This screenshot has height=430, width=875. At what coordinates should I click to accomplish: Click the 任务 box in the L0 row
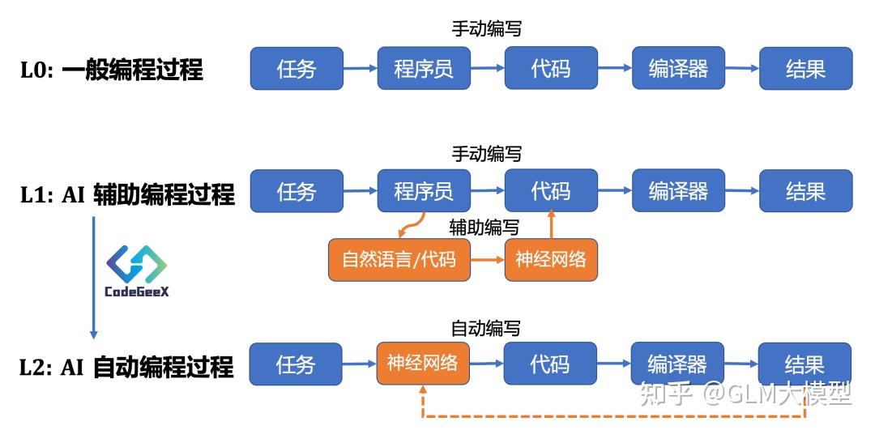tap(296, 68)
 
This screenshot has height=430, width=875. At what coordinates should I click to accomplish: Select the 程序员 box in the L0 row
tap(423, 68)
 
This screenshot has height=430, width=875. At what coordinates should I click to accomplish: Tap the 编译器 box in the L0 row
tap(678, 68)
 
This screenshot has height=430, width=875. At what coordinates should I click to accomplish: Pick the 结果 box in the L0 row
tap(805, 68)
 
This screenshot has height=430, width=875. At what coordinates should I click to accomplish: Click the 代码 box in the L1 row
tap(551, 191)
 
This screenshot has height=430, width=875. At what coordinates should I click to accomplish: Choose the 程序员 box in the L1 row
tap(423, 191)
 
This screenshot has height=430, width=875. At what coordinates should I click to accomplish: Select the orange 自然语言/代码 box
tap(399, 260)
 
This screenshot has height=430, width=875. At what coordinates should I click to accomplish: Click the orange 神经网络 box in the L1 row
tap(551, 260)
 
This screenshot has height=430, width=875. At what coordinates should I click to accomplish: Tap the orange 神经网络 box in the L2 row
tap(423, 363)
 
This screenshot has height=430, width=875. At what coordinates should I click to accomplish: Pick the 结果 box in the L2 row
tap(805, 364)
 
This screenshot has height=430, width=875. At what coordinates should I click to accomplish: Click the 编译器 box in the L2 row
tap(677, 364)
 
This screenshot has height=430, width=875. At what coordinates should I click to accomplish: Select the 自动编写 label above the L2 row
tap(485, 328)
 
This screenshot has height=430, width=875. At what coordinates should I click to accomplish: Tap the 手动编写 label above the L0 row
tap(486, 29)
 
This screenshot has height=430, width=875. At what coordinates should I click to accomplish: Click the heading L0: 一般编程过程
tap(112, 70)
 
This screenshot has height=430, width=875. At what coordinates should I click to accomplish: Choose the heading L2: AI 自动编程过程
tap(126, 367)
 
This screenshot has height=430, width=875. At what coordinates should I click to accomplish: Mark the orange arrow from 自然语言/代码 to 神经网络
tap(487, 261)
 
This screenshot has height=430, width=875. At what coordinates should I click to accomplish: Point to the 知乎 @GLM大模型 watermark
tap(745, 394)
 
